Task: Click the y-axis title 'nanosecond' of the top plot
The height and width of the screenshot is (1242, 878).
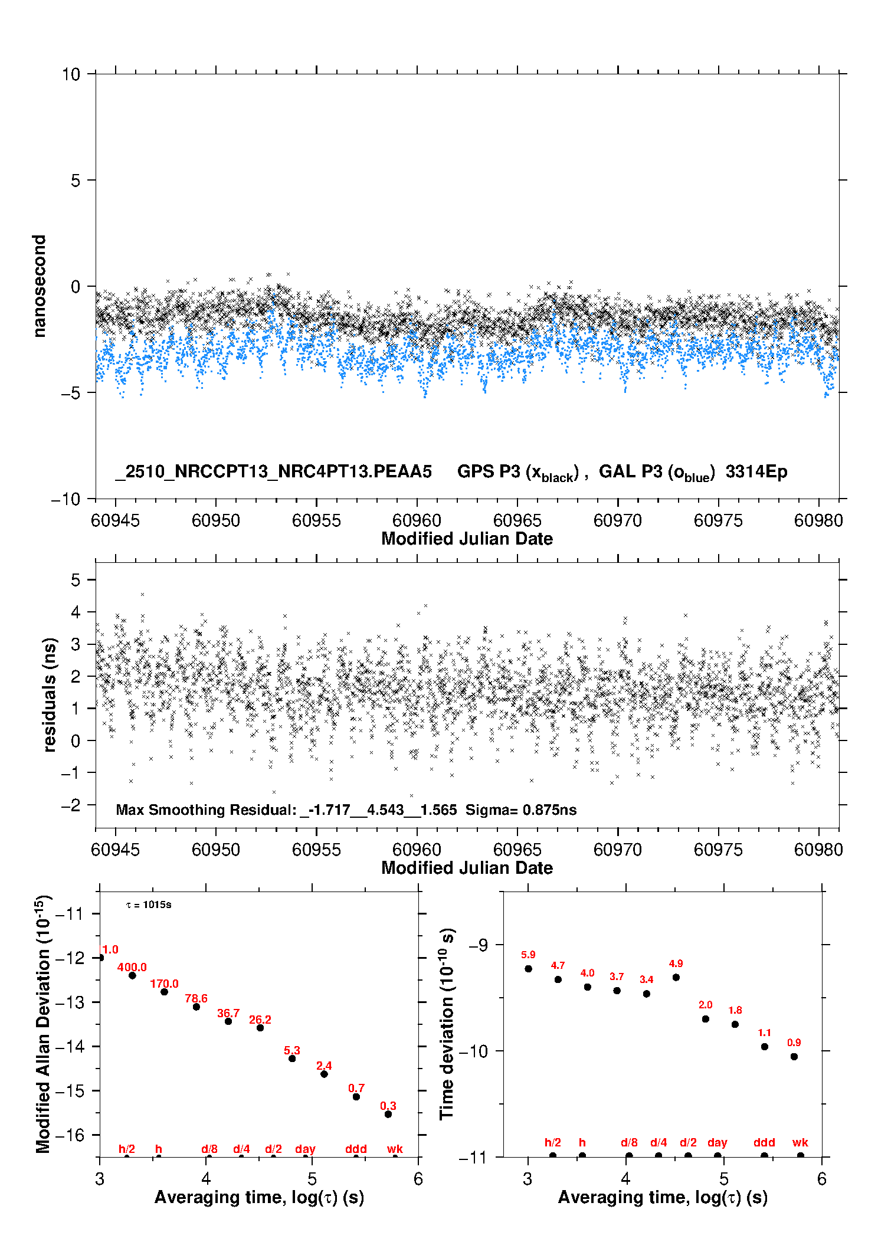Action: pos(40,286)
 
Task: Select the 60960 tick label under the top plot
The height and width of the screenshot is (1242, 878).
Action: pos(417,520)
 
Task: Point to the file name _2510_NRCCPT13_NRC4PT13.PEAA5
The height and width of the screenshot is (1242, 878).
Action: pos(274,471)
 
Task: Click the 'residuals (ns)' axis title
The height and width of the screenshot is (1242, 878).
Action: pos(50,694)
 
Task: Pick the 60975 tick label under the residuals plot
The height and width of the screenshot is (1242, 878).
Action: pos(718,850)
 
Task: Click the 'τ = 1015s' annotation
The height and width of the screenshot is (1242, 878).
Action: pos(149,905)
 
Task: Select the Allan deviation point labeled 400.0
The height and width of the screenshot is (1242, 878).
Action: pos(132,975)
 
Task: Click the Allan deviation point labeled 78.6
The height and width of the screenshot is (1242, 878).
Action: pos(196,1007)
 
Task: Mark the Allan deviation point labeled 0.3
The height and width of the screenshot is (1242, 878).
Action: pos(388,1114)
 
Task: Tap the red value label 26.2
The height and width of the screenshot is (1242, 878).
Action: pos(260,1020)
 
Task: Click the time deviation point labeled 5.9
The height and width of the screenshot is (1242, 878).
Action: pos(528,968)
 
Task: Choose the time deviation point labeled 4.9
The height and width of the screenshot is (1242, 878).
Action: pos(676,977)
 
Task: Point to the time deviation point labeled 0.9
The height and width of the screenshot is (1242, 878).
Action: pos(794,1056)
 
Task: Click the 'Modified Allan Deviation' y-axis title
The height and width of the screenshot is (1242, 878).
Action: pos(44,1024)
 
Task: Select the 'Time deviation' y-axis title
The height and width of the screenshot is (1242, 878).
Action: pos(447,1024)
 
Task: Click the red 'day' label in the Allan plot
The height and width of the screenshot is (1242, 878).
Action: pos(305,1149)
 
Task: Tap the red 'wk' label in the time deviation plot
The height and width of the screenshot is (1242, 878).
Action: pos(800,1142)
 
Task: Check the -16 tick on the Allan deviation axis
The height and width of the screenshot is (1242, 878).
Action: pos(70,1135)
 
